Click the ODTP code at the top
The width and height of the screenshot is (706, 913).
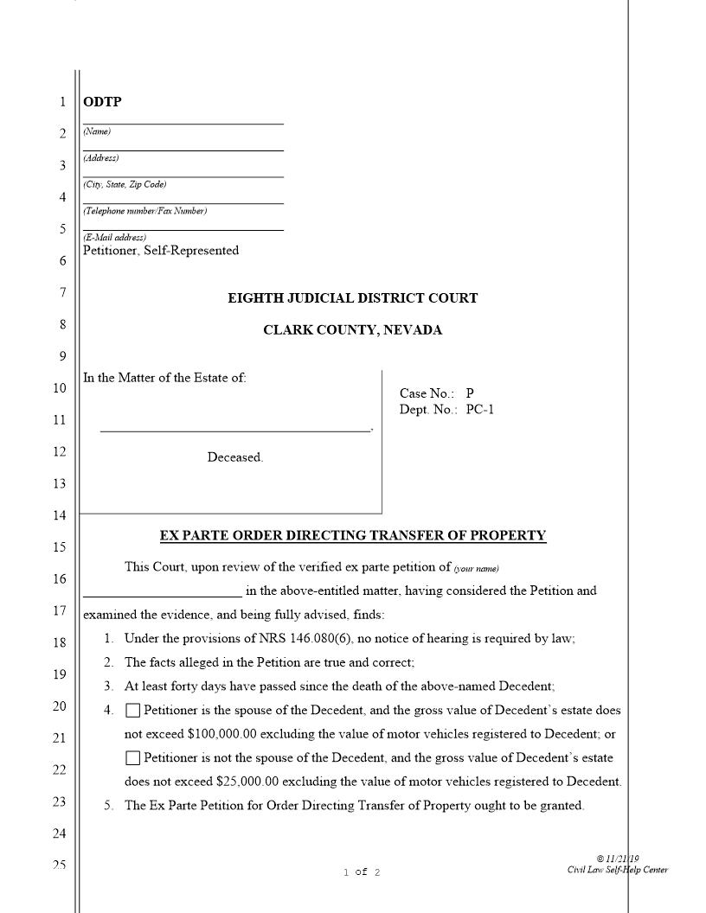(x=102, y=102)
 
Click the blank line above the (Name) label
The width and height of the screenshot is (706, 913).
(x=183, y=123)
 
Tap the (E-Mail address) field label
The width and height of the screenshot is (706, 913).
(x=115, y=238)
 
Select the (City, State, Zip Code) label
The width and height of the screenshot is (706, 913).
(x=125, y=185)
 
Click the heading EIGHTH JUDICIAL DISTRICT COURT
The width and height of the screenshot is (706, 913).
(x=352, y=298)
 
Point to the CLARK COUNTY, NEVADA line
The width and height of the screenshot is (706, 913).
(x=352, y=330)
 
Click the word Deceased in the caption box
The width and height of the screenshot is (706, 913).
(x=234, y=457)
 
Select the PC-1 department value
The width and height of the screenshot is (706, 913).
(x=480, y=410)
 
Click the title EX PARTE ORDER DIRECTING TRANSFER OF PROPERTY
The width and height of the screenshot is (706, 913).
(x=353, y=535)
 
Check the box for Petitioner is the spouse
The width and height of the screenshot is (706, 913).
(x=132, y=711)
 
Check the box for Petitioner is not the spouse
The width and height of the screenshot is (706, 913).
(x=132, y=758)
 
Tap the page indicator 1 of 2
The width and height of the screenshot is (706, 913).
(x=362, y=872)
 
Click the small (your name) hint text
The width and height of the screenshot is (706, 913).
(x=477, y=568)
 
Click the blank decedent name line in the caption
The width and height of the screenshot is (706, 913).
(x=234, y=430)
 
